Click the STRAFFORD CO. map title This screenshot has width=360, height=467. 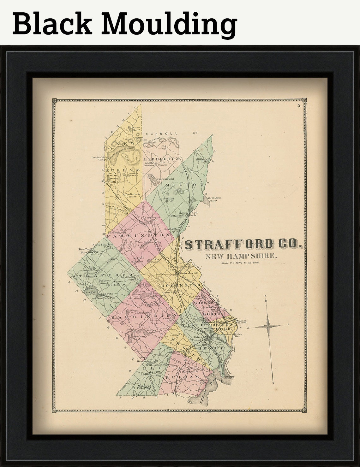pyautogui.click(x=243, y=244)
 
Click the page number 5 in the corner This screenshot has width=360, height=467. pyautogui.click(x=298, y=106)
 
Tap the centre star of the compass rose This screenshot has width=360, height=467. pyautogui.click(x=269, y=325)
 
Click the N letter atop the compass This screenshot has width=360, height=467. pyautogui.click(x=266, y=296)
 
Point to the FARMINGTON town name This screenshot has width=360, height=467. pyautogui.click(x=139, y=235)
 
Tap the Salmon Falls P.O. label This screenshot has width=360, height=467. pyautogui.click(x=240, y=323)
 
